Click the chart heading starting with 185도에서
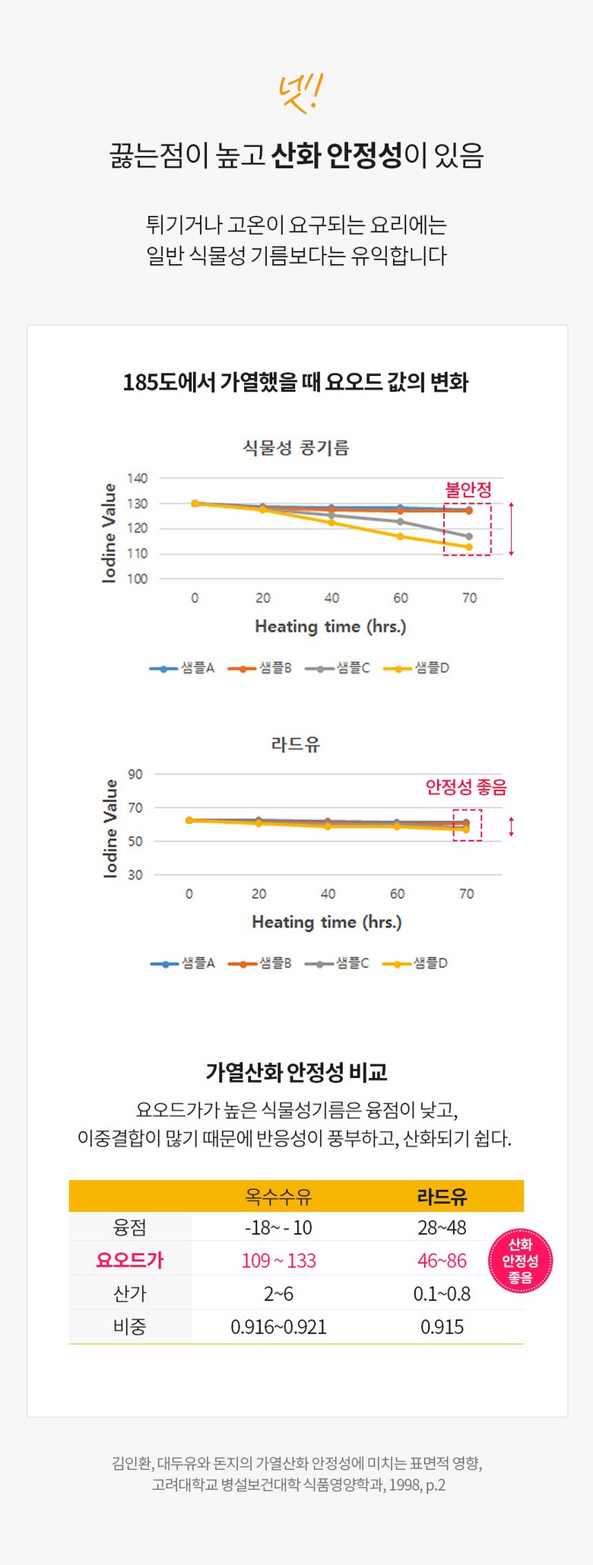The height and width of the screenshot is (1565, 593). pyautogui.click(x=296, y=381)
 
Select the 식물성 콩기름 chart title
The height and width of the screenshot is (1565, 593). pyautogui.click(x=296, y=447)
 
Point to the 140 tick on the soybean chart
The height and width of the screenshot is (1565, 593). pyautogui.click(x=138, y=479)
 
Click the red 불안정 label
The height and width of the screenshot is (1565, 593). pyautogui.click(x=468, y=489)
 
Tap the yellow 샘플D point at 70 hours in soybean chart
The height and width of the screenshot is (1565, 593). pyautogui.click(x=469, y=547)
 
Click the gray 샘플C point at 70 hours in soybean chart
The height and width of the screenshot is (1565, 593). pyautogui.click(x=469, y=536)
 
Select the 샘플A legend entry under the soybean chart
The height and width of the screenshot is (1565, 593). pyautogui.click(x=182, y=668)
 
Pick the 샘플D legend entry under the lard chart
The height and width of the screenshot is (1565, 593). pyautogui.click(x=416, y=963)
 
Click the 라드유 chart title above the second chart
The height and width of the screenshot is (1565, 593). pyautogui.click(x=296, y=744)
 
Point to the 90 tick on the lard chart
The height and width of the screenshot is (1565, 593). pyautogui.click(x=135, y=775)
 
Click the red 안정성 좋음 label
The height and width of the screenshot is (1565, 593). pyautogui.click(x=466, y=787)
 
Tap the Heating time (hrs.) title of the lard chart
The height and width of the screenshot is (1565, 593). pyautogui.click(x=327, y=922)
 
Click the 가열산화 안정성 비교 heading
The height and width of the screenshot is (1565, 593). pyautogui.click(x=296, y=1073)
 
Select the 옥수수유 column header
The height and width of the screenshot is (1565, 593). pyautogui.click(x=278, y=1197)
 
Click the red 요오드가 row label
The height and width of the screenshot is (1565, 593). pyautogui.click(x=130, y=1260)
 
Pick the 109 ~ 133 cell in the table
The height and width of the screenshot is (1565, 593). pyautogui.click(x=278, y=1261)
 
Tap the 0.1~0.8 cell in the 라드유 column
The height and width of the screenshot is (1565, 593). pyautogui.click(x=442, y=1293)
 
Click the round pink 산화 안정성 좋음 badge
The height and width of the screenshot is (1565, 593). pyautogui.click(x=520, y=1261)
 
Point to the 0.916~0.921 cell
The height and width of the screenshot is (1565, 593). pyautogui.click(x=278, y=1327)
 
